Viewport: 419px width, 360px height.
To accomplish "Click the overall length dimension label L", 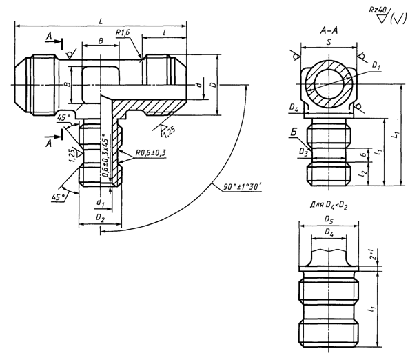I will (x=101, y=21).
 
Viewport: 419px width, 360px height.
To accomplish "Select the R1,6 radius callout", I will (x=125, y=33).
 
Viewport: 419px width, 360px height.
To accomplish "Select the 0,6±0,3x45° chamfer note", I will (x=105, y=156).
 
